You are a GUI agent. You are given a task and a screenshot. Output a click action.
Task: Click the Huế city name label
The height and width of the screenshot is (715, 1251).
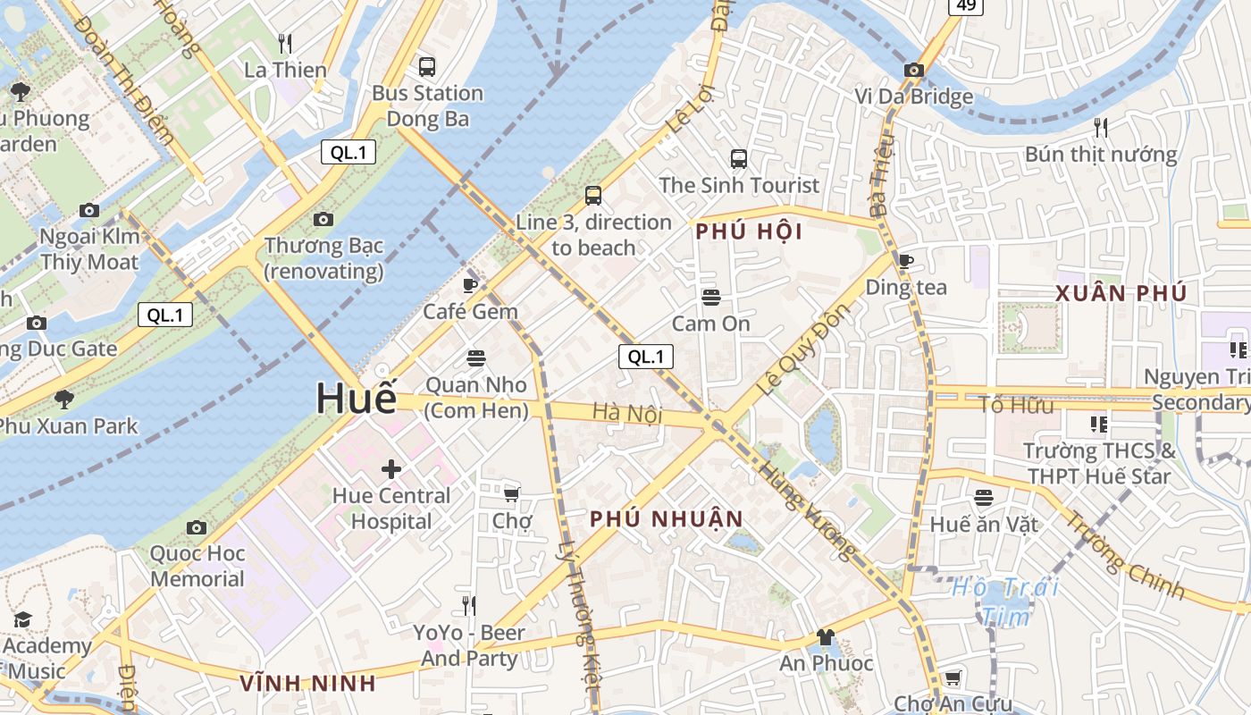[356, 399]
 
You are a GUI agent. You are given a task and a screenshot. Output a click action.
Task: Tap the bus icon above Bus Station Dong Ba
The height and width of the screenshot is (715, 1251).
[427, 66]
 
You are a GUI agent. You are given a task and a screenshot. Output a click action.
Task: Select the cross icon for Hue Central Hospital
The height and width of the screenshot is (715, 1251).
[390, 469]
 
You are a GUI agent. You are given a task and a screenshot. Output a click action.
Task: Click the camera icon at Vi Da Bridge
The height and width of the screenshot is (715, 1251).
[913, 70]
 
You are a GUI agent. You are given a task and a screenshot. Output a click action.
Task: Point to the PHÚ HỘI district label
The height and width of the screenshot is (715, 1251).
[749, 232]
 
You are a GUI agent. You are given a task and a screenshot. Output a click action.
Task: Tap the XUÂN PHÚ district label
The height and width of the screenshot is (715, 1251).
[1121, 293]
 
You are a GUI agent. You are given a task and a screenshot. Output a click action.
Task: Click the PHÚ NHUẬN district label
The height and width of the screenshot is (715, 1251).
[667, 519]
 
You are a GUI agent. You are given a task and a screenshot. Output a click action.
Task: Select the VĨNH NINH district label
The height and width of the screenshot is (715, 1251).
[307, 684]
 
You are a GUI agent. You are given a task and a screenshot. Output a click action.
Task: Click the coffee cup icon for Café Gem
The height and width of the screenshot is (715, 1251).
[470, 285]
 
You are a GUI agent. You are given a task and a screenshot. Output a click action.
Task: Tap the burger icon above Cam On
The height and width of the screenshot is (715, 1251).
[710, 297]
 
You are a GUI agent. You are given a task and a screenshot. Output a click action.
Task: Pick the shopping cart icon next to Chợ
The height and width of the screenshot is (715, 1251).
[512, 494]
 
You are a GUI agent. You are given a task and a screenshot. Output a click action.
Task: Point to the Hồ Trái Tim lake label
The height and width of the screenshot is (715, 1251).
[1005, 601]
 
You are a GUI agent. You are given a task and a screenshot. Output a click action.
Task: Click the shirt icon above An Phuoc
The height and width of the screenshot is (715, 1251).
[825, 637]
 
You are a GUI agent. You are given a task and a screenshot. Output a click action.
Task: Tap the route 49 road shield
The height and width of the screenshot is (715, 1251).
[966, 5]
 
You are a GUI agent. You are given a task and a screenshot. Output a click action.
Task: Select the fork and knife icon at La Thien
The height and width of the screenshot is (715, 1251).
[285, 43]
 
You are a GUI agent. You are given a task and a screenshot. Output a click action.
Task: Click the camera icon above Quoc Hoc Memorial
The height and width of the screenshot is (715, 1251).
[197, 527]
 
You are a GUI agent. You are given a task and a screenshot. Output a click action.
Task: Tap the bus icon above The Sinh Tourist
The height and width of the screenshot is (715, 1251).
[738, 159]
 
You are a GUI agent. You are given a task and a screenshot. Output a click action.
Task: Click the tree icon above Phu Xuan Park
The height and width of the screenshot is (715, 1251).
[63, 399]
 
